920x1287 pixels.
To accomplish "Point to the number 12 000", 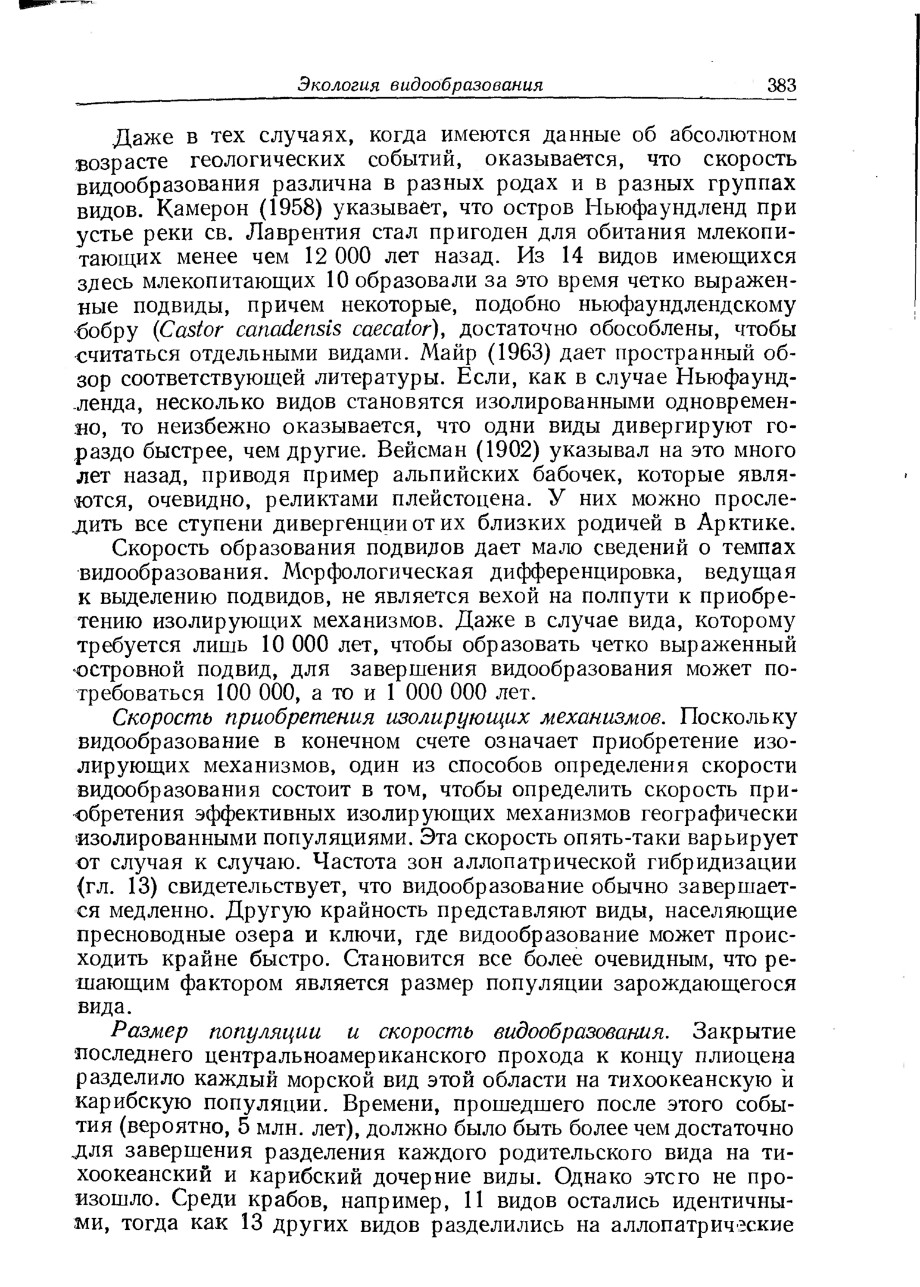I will [x=338, y=257].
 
